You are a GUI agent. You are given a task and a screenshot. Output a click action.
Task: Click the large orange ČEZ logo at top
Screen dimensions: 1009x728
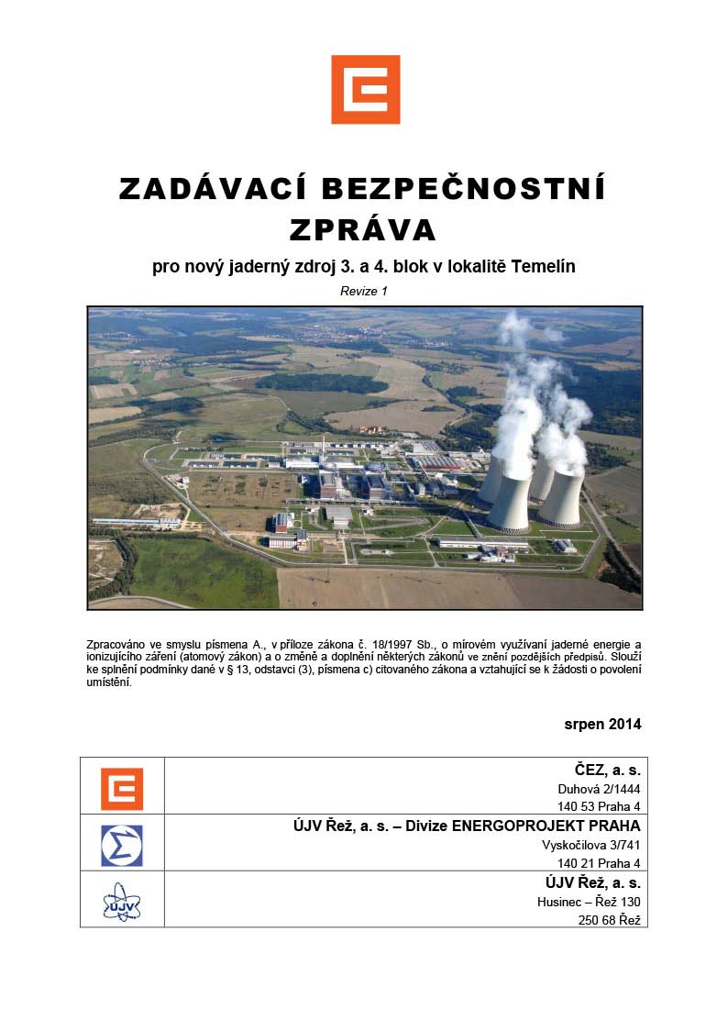[365, 89]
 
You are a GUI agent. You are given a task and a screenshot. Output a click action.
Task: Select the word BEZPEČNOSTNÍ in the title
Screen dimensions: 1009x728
[463, 189]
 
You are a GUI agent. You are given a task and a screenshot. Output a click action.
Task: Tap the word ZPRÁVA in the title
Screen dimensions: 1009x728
[364, 227]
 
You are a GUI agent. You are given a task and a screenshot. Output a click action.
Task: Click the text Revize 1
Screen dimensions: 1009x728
[364, 291]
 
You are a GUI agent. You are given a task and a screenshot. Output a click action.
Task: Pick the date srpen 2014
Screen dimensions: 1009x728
[602, 724]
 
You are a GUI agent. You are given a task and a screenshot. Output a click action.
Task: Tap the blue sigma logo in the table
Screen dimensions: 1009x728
[122, 844]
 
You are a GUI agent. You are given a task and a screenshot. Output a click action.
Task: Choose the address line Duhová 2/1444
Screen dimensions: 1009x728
[599, 789]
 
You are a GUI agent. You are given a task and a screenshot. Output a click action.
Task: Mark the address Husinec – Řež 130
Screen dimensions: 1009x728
[589, 902]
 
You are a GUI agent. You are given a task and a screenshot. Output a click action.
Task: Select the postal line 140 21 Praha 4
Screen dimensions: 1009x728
[599, 863]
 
